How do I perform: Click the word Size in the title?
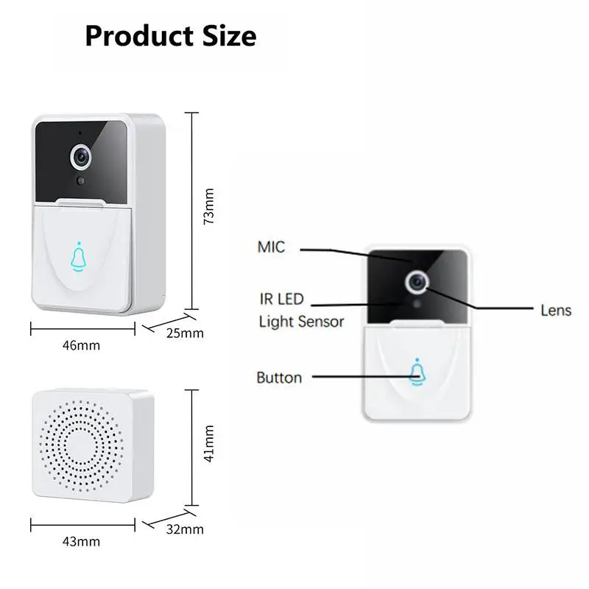230,36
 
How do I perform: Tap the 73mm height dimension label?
208,206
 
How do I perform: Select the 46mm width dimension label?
81,345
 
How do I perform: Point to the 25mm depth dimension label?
185,334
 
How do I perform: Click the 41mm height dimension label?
208,443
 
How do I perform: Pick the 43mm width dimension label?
81,541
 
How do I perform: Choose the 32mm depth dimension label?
185,529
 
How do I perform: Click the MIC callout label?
271,247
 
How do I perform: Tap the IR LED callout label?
281,299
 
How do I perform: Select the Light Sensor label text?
301,322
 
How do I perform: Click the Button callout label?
279,378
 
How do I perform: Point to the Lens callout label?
556,310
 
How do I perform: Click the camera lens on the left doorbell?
81,157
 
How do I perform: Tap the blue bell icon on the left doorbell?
79,257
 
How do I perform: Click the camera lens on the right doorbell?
417,282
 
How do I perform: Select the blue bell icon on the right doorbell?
417,373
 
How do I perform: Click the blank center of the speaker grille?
80,445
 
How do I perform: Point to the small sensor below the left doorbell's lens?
80,180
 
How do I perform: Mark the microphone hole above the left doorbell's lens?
80,133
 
